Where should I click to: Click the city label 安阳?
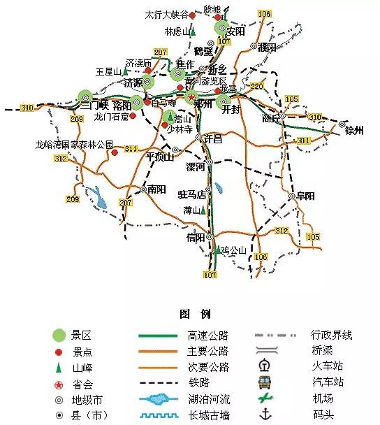236,31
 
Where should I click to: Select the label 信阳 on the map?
196,238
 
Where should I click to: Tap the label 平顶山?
159,157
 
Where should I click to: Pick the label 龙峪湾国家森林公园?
75,145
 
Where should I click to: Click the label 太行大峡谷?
166,14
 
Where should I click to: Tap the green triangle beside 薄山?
204,210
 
